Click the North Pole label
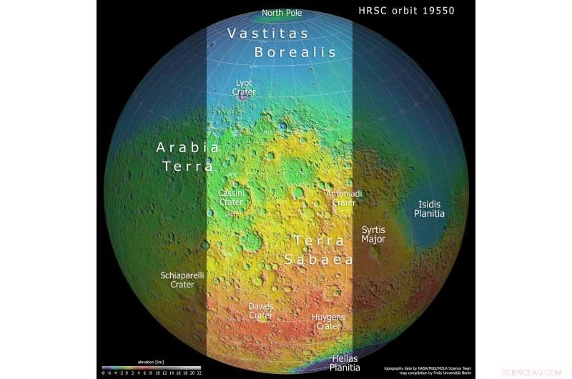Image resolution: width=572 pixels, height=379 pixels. (x=282, y=13)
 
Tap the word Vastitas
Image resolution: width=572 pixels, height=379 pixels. (x=268, y=34)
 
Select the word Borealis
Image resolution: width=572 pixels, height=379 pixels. (x=295, y=52)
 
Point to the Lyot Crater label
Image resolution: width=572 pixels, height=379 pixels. (x=244, y=87)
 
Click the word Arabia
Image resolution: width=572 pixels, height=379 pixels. (x=187, y=148)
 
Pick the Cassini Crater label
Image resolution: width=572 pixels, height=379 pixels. (x=231, y=198)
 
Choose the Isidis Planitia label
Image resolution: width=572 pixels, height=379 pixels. (x=430, y=209)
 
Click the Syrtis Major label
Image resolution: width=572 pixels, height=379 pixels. (x=373, y=235)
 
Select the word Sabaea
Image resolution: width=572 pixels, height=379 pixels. (x=319, y=260)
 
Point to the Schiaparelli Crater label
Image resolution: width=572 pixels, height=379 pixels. (x=182, y=280)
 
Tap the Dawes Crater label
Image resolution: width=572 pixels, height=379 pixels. (x=260, y=311)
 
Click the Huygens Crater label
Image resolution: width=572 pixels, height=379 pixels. (x=328, y=322)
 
